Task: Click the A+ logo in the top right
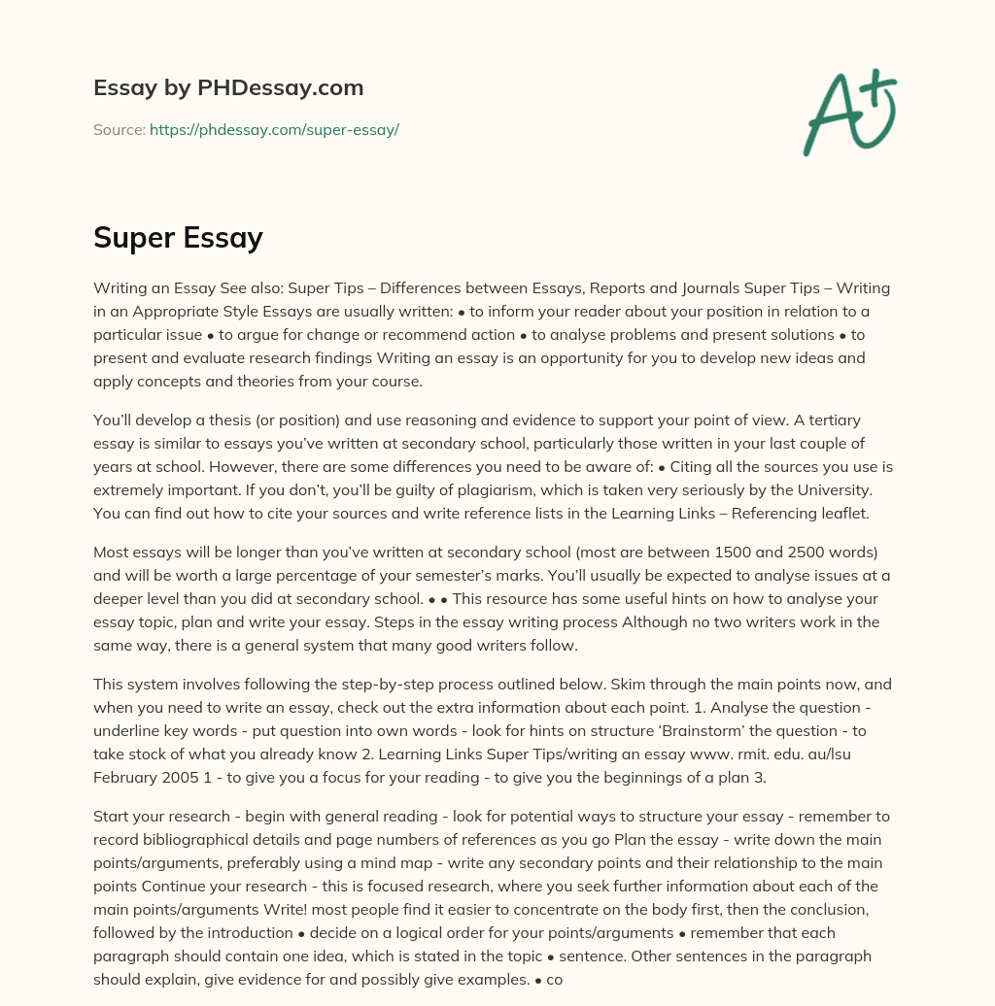pyautogui.click(x=849, y=112)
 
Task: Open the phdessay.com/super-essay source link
pyautogui.click(x=274, y=129)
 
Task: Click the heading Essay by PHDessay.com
pyautogui.click(x=228, y=87)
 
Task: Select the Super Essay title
pyautogui.click(x=178, y=237)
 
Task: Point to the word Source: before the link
pyautogui.click(x=119, y=129)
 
